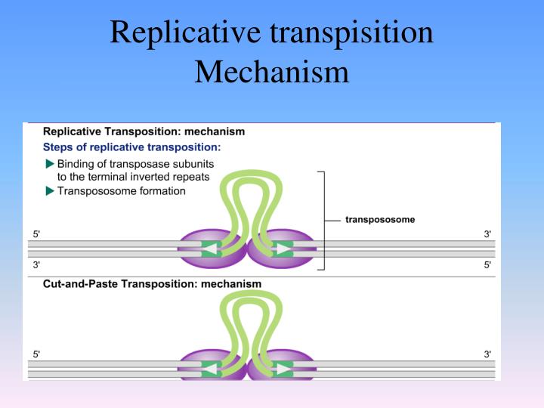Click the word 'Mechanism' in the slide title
271,73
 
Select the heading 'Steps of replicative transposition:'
132,147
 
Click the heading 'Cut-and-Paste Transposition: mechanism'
152,284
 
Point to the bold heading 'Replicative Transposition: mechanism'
144,131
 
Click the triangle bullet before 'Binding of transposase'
50,164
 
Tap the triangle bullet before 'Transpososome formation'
50,191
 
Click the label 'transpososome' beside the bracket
380,220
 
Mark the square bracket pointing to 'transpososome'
323,220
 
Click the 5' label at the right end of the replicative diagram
487,265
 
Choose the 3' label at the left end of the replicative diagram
36,265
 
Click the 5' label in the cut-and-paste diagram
36,354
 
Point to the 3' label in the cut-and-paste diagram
487,354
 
